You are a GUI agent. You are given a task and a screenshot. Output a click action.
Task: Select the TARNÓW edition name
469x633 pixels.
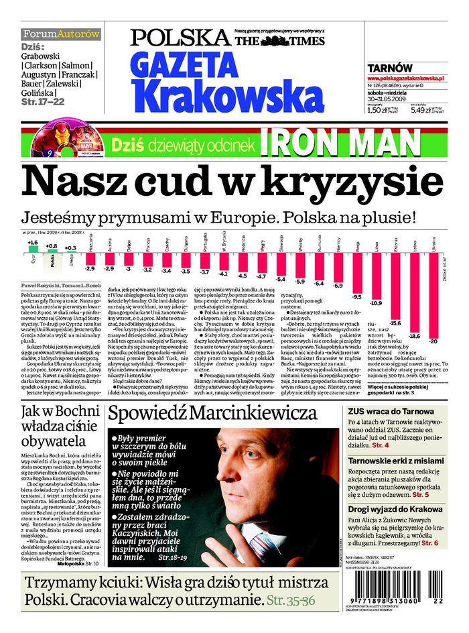coord(389,68)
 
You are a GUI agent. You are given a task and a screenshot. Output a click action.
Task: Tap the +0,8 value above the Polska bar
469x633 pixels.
coord(52,245)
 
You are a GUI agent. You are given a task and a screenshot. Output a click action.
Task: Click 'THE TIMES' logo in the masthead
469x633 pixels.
coord(279,41)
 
